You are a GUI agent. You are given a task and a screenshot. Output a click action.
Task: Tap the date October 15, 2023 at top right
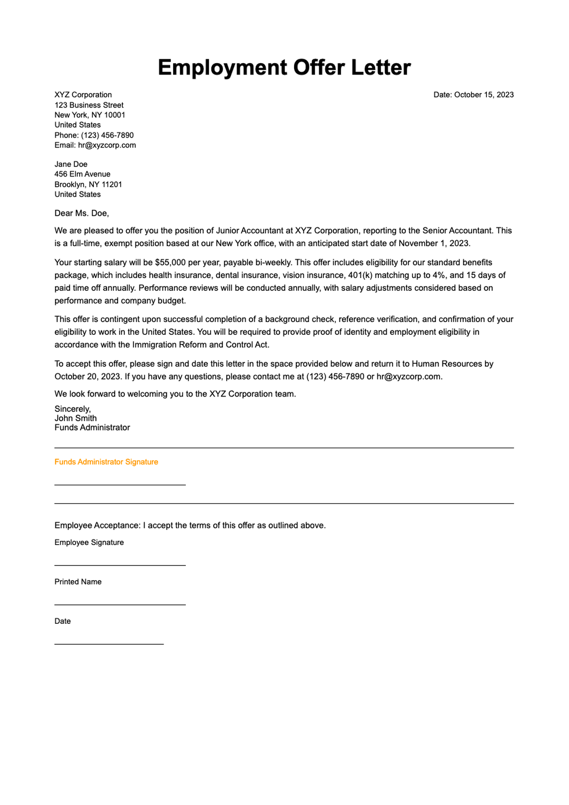pos(484,95)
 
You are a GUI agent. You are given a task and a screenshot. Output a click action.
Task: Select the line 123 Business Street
pos(89,105)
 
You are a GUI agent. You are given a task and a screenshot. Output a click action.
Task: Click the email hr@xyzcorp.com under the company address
pos(107,145)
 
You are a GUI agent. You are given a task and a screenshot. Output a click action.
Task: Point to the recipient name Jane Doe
pos(71,164)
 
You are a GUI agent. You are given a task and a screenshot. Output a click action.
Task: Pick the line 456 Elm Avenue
pos(82,174)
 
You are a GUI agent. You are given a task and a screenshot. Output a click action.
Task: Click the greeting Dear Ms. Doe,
pos(82,213)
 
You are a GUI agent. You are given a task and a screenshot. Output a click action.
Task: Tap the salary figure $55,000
pos(171,262)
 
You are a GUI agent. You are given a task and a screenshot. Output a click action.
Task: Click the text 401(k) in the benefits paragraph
pos(360,275)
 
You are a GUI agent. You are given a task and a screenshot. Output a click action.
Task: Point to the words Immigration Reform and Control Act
pos(201,345)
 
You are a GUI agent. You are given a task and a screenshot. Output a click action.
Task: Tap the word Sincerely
pos(72,409)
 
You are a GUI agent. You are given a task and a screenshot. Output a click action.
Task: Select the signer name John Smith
pos(75,418)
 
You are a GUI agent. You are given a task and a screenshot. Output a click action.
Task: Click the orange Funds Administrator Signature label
pos(106,462)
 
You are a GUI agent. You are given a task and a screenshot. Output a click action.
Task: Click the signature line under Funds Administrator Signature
pos(120,484)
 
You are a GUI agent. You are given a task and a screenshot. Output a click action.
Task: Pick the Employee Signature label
pos(89,543)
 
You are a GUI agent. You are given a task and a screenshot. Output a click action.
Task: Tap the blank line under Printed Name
pos(120,604)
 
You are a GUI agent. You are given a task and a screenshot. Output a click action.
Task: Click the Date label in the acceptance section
pos(62,621)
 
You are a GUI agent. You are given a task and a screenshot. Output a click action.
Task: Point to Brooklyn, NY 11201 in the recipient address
pos(88,185)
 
